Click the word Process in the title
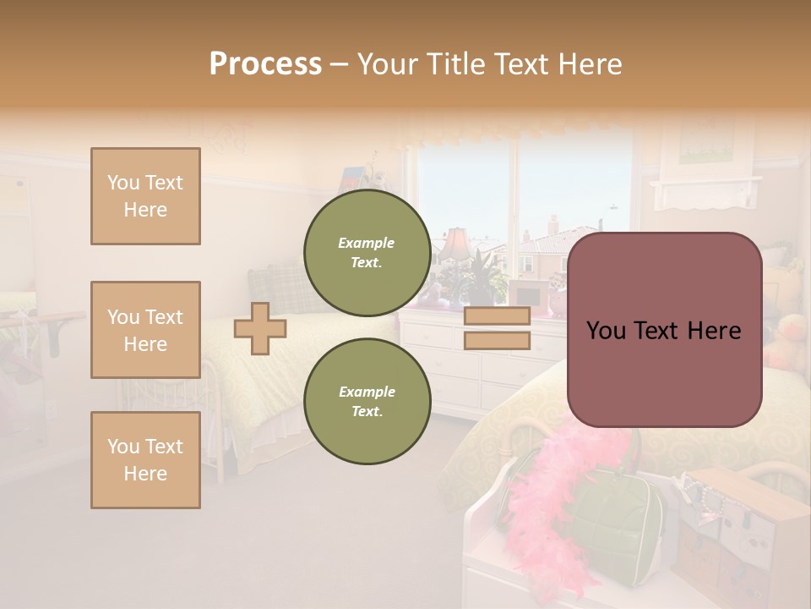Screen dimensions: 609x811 (265, 64)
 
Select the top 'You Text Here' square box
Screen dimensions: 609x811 (145, 196)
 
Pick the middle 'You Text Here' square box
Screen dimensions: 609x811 (145, 330)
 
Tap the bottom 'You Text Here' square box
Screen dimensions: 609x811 (145, 460)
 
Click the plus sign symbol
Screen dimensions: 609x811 (260, 328)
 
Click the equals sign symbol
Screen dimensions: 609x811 (498, 328)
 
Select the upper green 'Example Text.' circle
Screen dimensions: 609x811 (367, 252)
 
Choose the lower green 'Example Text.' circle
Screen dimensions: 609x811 (367, 401)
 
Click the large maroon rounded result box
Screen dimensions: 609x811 (664, 330)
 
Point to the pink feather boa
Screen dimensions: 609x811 (549, 507)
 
